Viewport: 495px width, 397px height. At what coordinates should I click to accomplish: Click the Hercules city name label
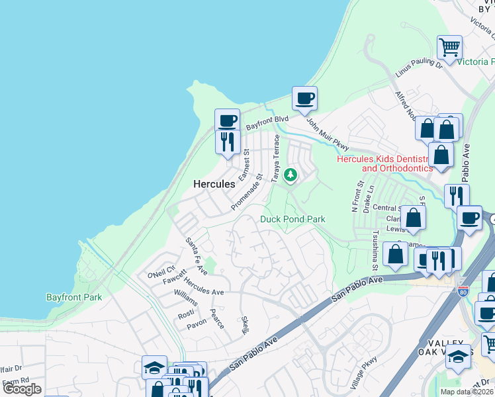click(214, 184)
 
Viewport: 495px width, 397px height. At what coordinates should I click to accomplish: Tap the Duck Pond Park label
click(292, 219)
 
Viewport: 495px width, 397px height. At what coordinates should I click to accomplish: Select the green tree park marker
click(290, 175)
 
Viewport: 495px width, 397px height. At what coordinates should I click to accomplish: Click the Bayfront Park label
click(74, 297)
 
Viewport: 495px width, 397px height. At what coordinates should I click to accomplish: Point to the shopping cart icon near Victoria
click(450, 48)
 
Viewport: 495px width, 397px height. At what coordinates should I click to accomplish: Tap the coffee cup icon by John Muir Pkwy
click(304, 99)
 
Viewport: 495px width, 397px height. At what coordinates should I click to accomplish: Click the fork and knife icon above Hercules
click(227, 141)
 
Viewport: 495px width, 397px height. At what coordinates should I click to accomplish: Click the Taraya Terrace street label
click(277, 159)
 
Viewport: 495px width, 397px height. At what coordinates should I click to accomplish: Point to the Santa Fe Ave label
click(196, 256)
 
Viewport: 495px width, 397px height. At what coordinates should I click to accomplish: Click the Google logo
click(22, 389)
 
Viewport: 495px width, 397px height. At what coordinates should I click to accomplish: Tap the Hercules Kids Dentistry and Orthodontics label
click(384, 163)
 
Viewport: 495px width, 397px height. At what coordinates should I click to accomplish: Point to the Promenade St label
click(247, 193)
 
